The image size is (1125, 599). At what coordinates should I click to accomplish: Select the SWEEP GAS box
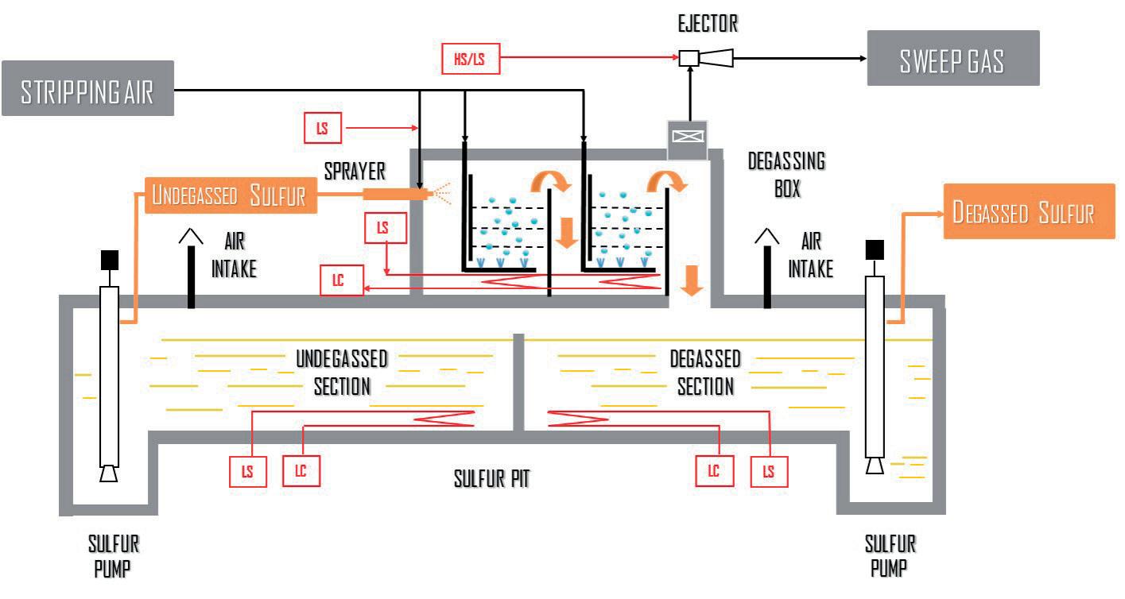952,58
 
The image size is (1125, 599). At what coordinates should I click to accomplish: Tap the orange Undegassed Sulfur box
231,195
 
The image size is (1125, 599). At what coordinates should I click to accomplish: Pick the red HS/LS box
471,58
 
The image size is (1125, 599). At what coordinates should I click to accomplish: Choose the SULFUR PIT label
491,479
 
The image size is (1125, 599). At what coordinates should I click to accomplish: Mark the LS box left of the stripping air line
323,126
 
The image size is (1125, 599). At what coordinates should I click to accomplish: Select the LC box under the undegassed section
301,470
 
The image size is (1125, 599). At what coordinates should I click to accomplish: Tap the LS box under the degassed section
769,470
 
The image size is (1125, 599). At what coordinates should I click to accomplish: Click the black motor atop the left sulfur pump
109,260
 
